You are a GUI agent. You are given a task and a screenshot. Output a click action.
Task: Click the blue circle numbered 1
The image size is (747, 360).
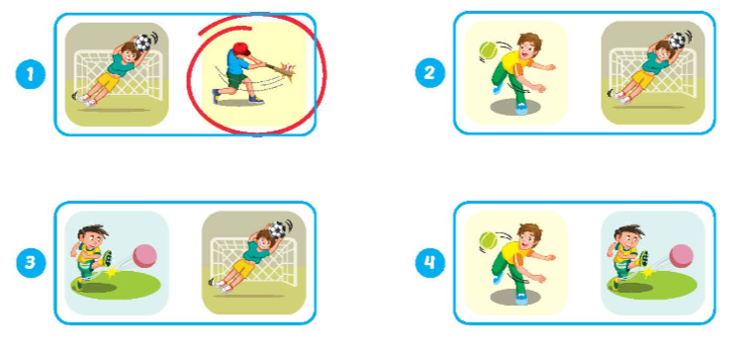point(31,74)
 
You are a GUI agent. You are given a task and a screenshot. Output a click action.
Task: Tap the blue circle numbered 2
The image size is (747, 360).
point(429,73)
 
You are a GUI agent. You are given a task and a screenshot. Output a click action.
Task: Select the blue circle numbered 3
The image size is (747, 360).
point(31,263)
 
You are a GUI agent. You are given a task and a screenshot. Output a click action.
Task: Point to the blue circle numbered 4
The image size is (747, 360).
point(429,263)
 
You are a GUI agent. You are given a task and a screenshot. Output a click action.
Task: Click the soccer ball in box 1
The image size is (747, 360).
point(141,43)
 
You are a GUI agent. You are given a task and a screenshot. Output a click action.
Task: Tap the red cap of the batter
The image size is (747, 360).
point(241,48)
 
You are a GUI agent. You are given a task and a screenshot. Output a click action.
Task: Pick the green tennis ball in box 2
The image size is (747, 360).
point(489,50)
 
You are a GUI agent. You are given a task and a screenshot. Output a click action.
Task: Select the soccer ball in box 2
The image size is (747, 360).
point(678,41)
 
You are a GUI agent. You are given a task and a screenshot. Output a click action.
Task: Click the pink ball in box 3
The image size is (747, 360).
point(144,256)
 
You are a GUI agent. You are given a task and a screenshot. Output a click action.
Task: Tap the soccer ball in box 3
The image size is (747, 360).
point(278,230)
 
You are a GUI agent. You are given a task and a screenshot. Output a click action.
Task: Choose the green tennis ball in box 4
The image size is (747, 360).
point(489,240)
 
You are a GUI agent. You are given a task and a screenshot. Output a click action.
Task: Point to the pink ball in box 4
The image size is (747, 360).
point(682,256)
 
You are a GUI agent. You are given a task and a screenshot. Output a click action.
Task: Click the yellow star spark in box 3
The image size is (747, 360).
point(112,272)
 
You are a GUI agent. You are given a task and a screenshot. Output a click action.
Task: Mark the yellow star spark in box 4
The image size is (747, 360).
point(648,272)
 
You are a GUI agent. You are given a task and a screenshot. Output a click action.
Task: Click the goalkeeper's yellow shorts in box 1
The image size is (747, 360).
point(111,81)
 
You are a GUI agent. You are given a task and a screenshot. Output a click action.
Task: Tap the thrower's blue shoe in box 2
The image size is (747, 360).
point(521,110)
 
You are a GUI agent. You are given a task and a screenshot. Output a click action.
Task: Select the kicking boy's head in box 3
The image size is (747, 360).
point(92,235)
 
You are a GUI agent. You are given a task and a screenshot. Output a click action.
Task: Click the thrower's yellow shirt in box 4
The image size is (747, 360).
point(513,253)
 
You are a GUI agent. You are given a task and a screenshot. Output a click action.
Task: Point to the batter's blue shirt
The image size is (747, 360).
point(236,63)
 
